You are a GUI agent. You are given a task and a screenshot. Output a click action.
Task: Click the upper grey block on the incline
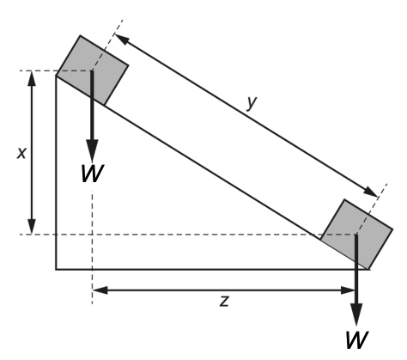coord(92,70)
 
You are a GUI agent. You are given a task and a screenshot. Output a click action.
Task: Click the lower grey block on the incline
coord(356,235)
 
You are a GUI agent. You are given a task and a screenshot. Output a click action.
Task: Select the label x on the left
coord(21,153)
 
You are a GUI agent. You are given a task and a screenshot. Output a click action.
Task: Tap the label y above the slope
coord(252,102)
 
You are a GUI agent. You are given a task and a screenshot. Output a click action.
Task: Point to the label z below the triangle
coord(225,302)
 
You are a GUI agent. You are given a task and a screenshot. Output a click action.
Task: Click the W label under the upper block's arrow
coord(92,174)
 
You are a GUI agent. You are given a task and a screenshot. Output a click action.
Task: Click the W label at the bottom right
coord(356,340)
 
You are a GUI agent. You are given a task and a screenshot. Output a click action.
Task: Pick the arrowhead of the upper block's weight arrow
coord(92,150)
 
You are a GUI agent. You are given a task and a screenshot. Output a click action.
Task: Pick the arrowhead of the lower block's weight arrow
coord(356,314)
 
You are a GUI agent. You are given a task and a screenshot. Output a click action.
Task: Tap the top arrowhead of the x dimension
coord(32,78)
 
